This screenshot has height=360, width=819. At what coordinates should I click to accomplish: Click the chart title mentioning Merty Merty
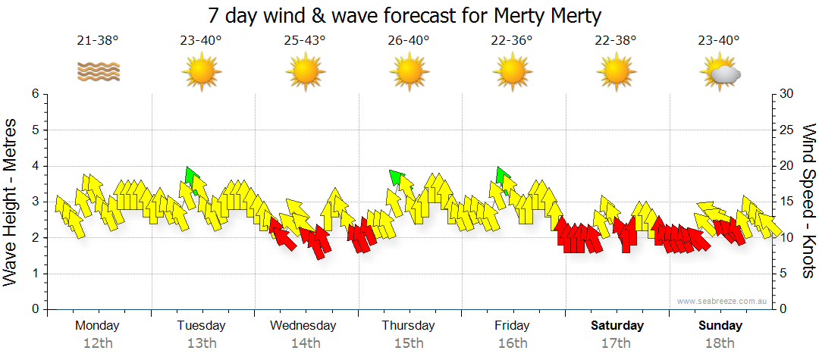(x=404, y=15)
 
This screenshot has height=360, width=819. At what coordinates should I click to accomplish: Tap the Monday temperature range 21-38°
(x=98, y=41)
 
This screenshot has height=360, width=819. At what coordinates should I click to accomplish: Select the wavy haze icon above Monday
(x=98, y=72)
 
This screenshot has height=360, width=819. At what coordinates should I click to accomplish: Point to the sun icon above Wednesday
(x=305, y=73)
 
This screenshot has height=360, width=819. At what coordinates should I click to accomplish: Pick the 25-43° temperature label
(x=305, y=41)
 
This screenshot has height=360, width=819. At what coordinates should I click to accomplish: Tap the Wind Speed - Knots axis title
(x=808, y=202)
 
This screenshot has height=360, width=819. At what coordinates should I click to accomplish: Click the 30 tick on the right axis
(x=787, y=94)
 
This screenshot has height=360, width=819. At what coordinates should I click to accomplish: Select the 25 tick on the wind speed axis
(x=787, y=130)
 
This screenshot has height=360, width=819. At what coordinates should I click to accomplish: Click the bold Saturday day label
(x=617, y=326)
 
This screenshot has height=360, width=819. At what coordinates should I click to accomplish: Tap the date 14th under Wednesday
(x=305, y=343)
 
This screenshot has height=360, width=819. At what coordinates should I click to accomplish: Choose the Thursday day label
(x=408, y=326)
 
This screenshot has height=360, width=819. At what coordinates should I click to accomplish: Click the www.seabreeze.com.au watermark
(x=723, y=301)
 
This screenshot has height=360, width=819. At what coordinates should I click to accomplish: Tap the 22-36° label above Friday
(x=512, y=41)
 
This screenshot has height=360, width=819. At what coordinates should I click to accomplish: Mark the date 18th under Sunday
(x=720, y=343)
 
